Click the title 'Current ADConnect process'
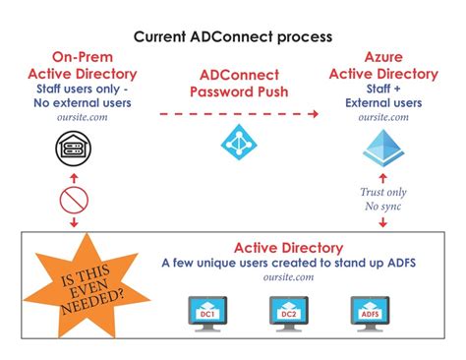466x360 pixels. (x=233, y=35)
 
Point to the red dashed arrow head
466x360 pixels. (x=314, y=114)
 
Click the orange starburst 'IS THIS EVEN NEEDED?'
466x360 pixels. (x=87, y=284)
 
